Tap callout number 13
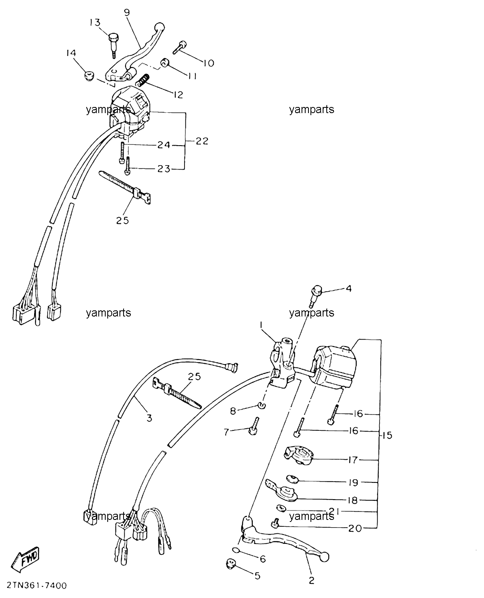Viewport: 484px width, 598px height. (x=95, y=22)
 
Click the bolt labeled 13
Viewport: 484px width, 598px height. (x=113, y=44)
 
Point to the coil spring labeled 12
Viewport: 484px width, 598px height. (x=143, y=81)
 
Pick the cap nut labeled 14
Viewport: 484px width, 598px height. (x=89, y=76)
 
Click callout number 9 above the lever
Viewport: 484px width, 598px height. (x=127, y=12)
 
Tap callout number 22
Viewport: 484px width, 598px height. (x=202, y=141)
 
